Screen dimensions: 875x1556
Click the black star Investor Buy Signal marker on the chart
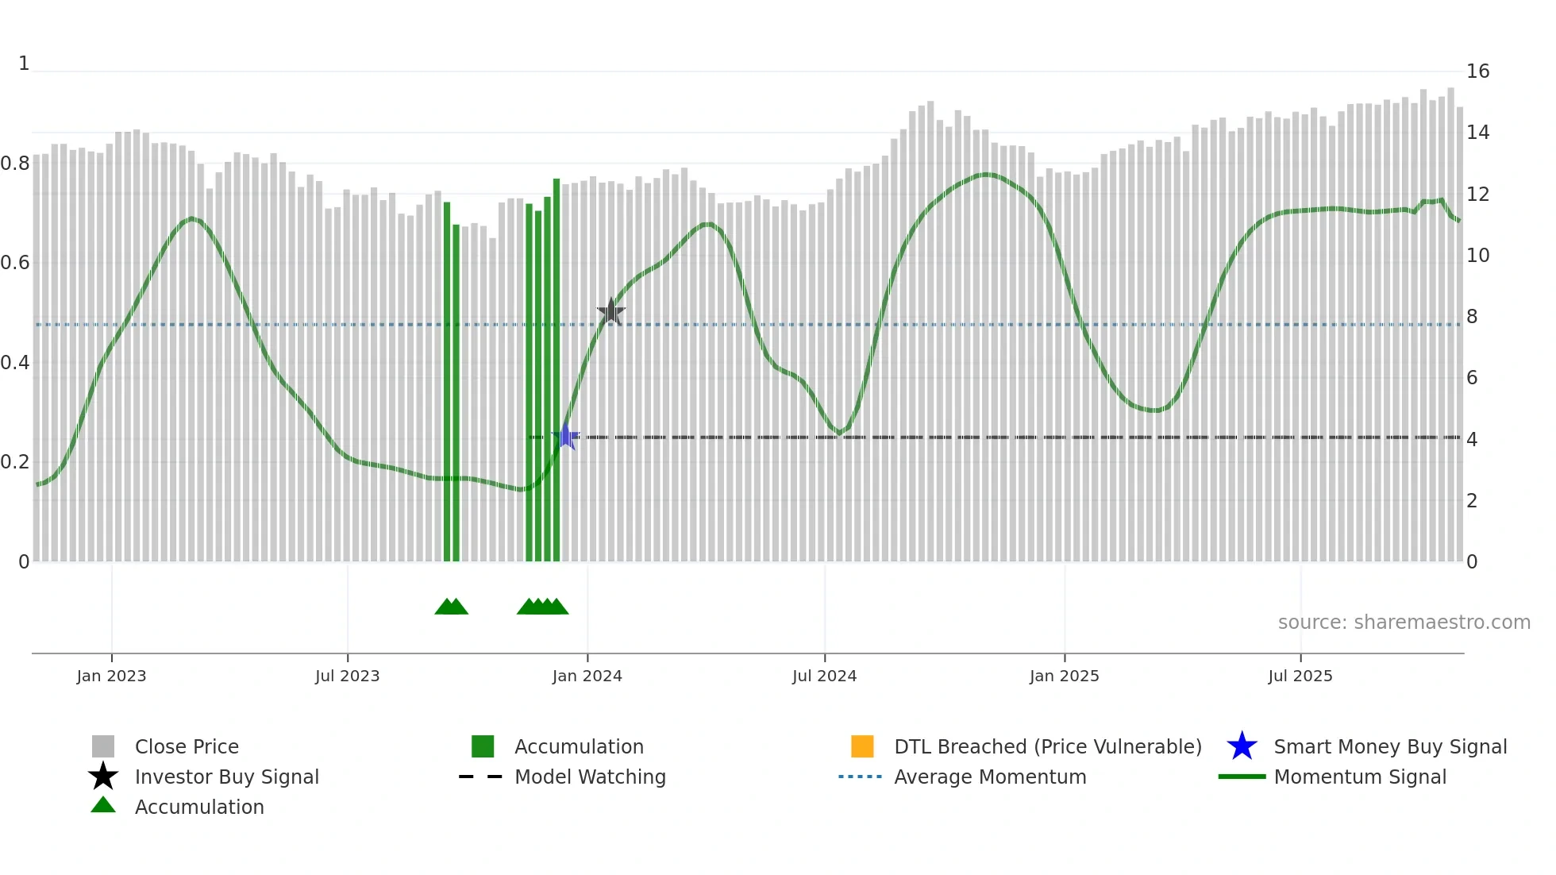point(610,312)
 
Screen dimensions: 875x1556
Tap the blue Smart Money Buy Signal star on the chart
point(566,436)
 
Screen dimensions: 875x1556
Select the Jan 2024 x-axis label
point(587,676)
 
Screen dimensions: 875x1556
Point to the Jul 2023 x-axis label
point(347,676)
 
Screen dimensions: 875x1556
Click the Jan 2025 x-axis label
point(1064,676)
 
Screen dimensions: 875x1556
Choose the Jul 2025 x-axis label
point(1300,676)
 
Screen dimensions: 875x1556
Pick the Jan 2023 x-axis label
point(111,676)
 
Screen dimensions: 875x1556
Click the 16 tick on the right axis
point(1477,71)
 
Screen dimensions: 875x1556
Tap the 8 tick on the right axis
point(1472,317)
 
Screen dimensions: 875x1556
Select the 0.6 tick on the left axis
point(15,263)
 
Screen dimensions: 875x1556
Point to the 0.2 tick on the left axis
point(15,462)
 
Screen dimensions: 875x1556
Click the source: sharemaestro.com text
point(1404,623)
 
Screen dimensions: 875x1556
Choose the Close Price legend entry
point(187,746)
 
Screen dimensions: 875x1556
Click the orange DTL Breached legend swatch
point(862,746)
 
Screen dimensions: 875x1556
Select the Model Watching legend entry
point(590,777)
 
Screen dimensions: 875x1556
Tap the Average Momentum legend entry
point(989,777)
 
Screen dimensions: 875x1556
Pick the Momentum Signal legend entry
point(1359,777)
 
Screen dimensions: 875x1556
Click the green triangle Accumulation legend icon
point(103,805)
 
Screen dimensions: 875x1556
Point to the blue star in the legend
point(1242,746)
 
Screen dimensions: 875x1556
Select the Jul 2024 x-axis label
point(824,676)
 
